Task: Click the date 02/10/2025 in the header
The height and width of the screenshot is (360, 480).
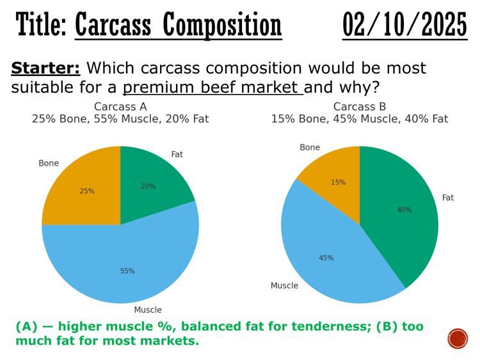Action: tap(404, 26)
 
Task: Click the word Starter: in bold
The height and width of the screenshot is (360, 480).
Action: tap(45, 69)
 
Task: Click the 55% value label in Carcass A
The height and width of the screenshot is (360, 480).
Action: tap(127, 271)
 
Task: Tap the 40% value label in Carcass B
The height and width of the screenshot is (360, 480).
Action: tap(404, 210)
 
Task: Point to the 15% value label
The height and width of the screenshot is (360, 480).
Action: tap(338, 183)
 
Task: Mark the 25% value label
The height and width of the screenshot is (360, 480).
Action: tap(87, 191)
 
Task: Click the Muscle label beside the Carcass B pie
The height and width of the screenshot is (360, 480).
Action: tap(284, 286)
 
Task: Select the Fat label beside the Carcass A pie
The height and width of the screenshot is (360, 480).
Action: tap(177, 155)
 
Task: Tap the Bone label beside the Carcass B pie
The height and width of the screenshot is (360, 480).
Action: tap(310, 148)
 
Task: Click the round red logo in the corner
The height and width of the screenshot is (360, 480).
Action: tap(458, 338)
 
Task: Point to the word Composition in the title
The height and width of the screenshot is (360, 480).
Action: tap(221, 26)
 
